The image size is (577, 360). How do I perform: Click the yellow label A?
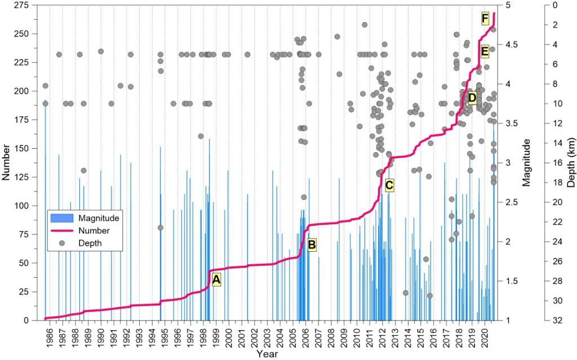click(x=216, y=279)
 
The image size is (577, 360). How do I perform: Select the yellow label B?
click(x=312, y=244)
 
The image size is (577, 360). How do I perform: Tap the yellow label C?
click(x=389, y=184)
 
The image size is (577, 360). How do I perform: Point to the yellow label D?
click(x=472, y=99)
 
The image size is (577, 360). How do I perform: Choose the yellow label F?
click(x=485, y=18)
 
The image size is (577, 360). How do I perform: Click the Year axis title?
click(x=266, y=354)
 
